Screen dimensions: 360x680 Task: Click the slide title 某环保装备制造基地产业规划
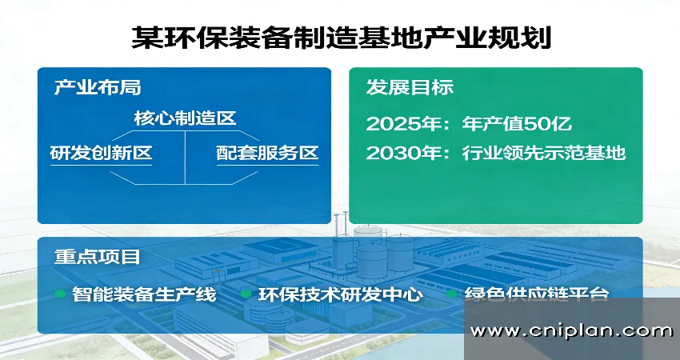(x=340, y=36)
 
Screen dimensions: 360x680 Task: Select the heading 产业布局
(x=97, y=87)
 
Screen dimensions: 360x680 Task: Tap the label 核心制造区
(x=185, y=118)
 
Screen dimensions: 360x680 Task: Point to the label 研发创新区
(x=101, y=153)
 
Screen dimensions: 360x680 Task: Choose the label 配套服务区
(x=267, y=153)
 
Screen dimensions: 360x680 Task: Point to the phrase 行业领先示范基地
(x=543, y=153)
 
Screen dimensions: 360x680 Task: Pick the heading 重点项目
(x=97, y=257)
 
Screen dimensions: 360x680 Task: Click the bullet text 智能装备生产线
(x=144, y=294)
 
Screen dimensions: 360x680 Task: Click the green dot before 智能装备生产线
(x=60, y=294)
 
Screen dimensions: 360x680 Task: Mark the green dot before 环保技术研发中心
(x=246, y=294)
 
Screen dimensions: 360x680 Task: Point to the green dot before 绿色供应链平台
(x=452, y=294)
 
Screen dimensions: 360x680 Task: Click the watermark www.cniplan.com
(x=571, y=330)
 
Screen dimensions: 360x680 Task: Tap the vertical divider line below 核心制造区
(x=186, y=156)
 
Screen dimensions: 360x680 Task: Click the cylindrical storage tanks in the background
(x=369, y=252)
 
